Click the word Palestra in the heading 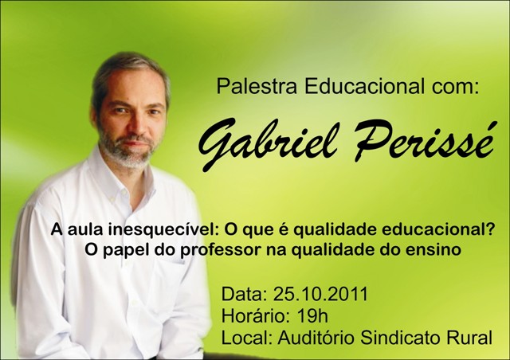pyautogui.click(x=257, y=86)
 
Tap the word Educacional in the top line pyautogui.click(x=364, y=86)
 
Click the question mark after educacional pyautogui.click(x=491, y=230)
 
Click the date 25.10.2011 pyautogui.click(x=320, y=294)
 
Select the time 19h pyautogui.click(x=312, y=315)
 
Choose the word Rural pyautogui.click(x=469, y=337)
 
